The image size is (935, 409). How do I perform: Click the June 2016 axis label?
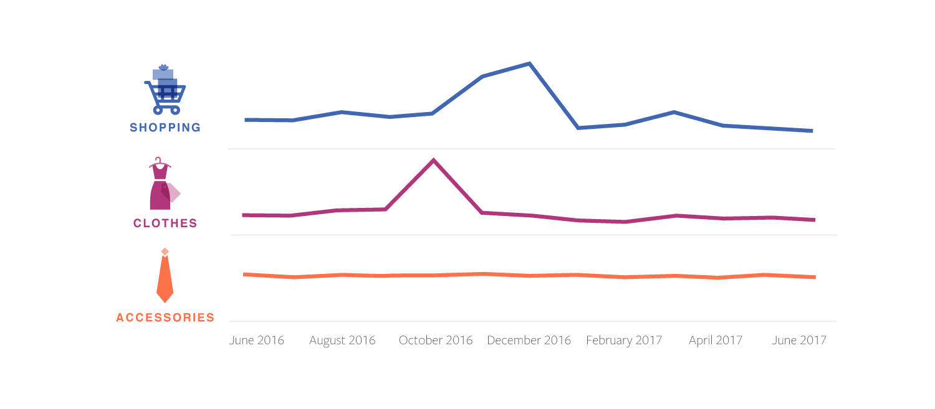257,341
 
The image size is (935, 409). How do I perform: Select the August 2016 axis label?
342,341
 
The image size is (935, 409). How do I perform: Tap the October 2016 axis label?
436,341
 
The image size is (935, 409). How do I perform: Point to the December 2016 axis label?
529,341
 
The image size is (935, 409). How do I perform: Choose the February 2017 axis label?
624,341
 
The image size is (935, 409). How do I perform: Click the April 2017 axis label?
716,341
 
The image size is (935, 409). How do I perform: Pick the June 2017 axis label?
799,341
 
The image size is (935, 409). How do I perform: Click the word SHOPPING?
165,128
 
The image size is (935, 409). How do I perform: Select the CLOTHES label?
165,223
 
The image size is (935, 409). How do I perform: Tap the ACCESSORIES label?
165,317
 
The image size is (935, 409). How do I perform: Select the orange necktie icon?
165,279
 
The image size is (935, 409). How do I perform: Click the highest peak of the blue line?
529,63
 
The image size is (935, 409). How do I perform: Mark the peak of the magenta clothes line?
433,160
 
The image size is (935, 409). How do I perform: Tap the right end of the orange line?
814,277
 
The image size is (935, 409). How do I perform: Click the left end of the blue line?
246,120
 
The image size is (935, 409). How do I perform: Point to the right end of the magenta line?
814,220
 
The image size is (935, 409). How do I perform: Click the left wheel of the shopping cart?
158,110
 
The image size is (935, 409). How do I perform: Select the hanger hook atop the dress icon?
159,160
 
